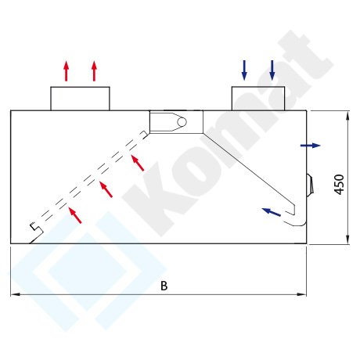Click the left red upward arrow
point(67,71)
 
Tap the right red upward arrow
point(94,71)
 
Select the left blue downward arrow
point(244,70)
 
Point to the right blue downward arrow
point(272,70)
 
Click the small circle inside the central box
point(182,122)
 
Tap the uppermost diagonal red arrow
point(137,163)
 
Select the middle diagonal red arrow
point(106,189)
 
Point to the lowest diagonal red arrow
point(75,215)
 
